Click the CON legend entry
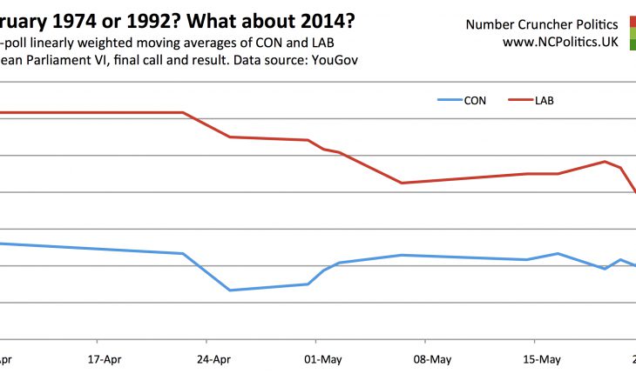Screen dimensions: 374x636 (x=475, y=100)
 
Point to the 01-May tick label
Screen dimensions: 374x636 (x=323, y=358)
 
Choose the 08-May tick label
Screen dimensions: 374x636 (x=432, y=358)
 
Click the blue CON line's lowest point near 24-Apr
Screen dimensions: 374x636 (x=229, y=290)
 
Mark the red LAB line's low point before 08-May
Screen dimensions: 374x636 (x=402, y=183)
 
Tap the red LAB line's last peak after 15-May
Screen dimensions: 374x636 (x=605, y=161)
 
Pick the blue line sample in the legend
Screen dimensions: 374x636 (x=448, y=100)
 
